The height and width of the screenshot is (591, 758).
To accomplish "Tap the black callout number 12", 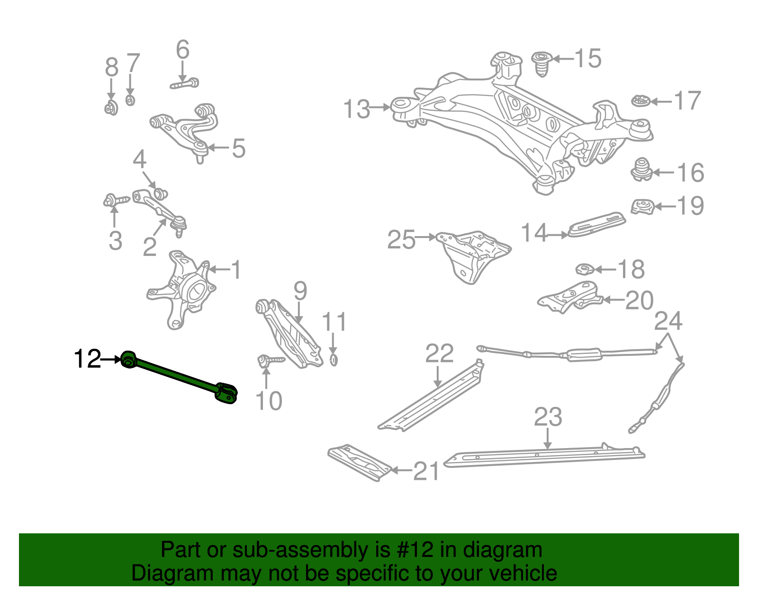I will [x=87, y=359].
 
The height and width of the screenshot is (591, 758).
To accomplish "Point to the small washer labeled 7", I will [x=130, y=100].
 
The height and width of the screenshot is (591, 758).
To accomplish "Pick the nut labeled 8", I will [x=111, y=108].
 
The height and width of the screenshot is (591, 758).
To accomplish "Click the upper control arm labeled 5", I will [x=185, y=128].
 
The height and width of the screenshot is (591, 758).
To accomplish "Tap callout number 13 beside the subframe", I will [x=356, y=109].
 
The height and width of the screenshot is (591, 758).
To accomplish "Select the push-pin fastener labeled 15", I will [x=541, y=64].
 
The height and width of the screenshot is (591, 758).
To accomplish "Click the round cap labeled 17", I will [x=640, y=101].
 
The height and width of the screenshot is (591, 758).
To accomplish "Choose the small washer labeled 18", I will [x=585, y=270].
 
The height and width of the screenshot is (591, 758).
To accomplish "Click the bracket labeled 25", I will [x=474, y=256].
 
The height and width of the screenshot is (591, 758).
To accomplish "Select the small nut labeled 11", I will [x=333, y=360].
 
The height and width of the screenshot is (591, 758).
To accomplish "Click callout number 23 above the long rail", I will [x=548, y=417].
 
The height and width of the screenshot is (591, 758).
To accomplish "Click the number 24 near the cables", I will [x=668, y=321].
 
